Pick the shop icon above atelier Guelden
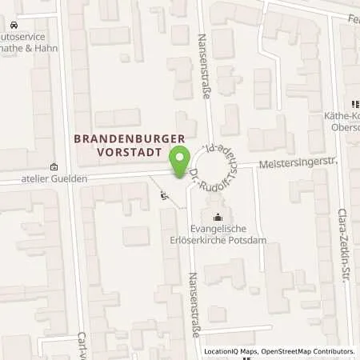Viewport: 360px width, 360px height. click(x=53, y=167)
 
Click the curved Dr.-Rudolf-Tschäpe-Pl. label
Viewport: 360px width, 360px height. click(x=210, y=163)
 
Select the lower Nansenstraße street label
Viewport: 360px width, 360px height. click(x=192, y=292)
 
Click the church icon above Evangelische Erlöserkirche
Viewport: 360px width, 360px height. click(x=217, y=216)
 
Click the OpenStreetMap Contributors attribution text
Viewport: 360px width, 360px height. click(x=310, y=351)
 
